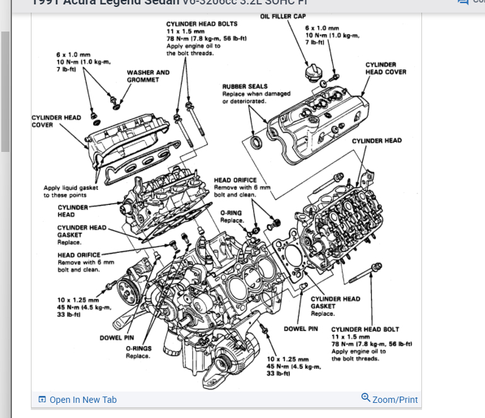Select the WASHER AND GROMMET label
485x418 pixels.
point(148,76)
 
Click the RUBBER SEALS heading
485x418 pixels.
point(244,86)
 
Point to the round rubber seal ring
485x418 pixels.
point(257,141)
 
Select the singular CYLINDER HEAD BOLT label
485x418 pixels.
point(365,329)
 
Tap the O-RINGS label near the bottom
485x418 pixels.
point(138,348)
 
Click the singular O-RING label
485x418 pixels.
point(231,213)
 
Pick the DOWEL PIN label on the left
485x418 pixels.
point(117,338)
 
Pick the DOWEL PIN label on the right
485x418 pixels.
point(300,329)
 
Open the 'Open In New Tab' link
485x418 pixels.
point(83,400)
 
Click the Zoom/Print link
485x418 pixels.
point(395,400)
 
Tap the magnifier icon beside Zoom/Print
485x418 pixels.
point(365,398)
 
